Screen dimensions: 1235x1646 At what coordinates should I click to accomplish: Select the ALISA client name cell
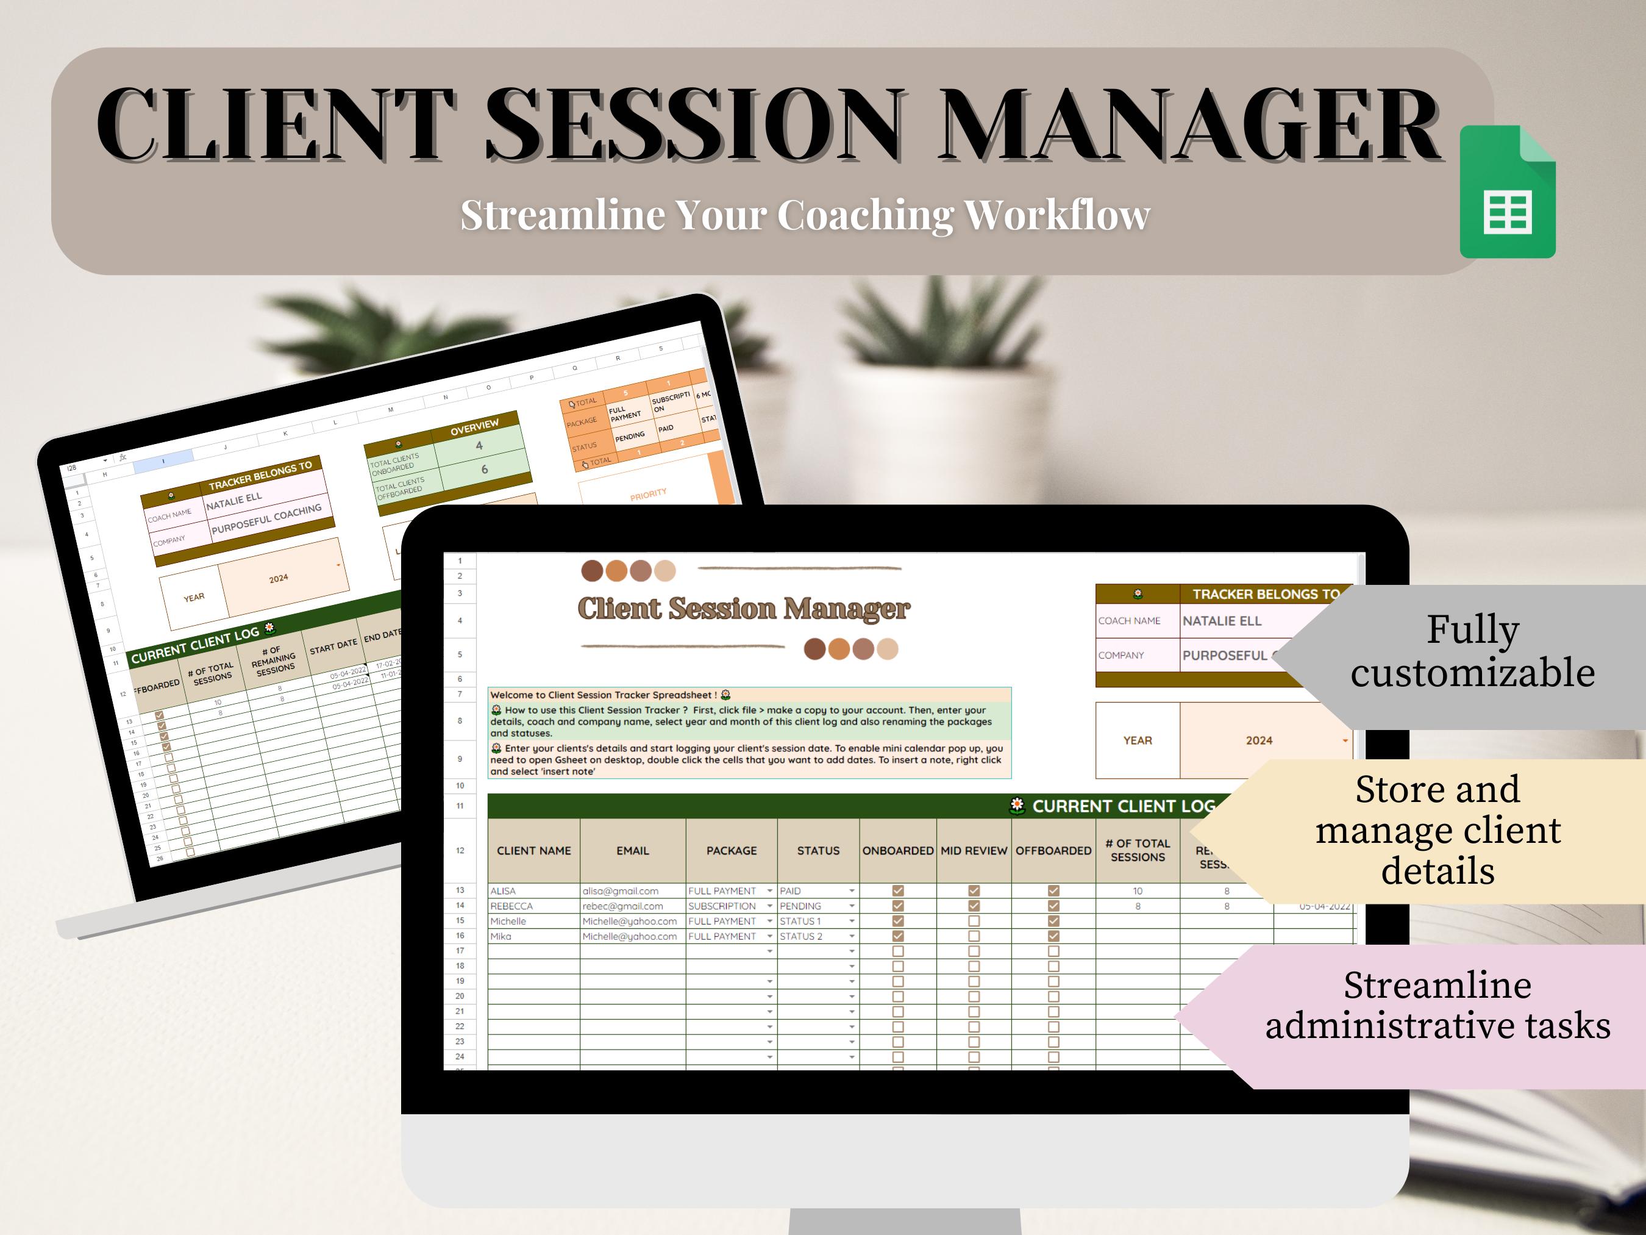coord(503,891)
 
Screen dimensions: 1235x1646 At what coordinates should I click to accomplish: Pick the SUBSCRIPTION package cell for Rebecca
coord(722,906)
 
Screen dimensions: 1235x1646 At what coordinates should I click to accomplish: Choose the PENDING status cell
coord(800,906)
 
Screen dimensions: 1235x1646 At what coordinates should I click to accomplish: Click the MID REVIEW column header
coord(974,851)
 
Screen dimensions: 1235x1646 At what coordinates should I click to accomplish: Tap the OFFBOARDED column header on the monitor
coord(1053,851)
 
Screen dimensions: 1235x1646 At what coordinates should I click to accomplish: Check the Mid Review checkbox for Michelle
coord(974,922)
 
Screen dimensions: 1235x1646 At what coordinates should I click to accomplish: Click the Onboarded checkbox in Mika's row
coord(898,937)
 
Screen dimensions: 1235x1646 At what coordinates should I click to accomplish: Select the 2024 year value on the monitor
coord(1259,741)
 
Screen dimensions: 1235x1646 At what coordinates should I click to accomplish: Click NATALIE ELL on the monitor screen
coord(1222,621)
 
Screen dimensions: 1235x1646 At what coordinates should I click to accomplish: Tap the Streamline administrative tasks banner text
coord(1438,1006)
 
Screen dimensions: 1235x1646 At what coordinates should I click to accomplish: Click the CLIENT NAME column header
coord(533,851)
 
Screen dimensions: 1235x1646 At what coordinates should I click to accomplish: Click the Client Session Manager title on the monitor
coord(743,609)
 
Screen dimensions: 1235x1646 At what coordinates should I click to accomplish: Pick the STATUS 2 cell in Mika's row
coord(800,937)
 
